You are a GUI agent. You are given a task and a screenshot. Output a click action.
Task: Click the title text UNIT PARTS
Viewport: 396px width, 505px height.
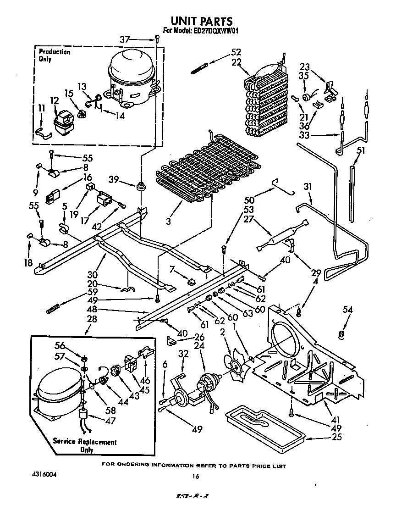pos(201,21)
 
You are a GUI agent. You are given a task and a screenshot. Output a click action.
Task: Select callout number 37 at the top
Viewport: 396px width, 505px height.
pos(125,40)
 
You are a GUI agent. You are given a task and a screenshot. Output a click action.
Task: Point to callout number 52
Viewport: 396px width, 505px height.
pos(236,52)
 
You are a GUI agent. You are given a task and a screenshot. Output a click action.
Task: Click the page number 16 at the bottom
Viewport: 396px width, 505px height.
pos(195,477)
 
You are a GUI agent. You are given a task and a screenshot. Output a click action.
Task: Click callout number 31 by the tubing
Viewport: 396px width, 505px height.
pos(307,187)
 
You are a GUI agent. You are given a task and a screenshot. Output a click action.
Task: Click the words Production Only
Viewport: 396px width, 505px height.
pos(55,55)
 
